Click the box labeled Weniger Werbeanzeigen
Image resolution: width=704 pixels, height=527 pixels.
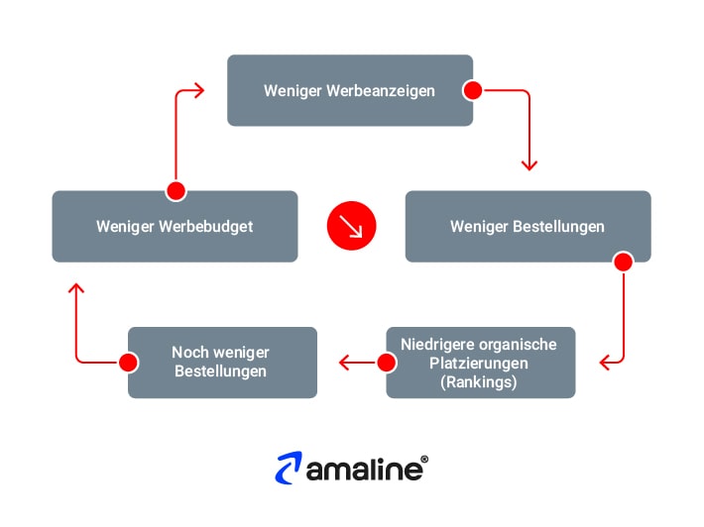(x=349, y=90)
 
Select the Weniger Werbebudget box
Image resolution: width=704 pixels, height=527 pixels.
(x=175, y=227)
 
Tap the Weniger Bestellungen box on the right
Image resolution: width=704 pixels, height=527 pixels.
(x=528, y=227)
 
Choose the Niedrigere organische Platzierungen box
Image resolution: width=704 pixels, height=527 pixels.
(x=480, y=363)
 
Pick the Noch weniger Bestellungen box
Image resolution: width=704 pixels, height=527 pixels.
(x=222, y=363)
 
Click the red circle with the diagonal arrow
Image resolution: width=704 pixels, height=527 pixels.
(x=352, y=227)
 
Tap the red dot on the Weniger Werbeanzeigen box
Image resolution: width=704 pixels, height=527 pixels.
(x=473, y=91)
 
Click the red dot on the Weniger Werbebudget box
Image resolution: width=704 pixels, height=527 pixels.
(x=176, y=191)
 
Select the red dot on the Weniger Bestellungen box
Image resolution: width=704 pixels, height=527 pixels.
(x=624, y=263)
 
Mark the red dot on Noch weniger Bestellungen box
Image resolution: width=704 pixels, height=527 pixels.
(x=128, y=363)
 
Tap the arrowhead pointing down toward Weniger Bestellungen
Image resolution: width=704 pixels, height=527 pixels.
(x=528, y=163)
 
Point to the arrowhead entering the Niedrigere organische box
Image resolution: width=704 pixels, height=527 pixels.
(x=604, y=363)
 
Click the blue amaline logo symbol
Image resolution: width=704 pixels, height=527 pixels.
(x=290, y=469)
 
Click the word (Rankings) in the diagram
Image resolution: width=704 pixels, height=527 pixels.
(x=479, y=382)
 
